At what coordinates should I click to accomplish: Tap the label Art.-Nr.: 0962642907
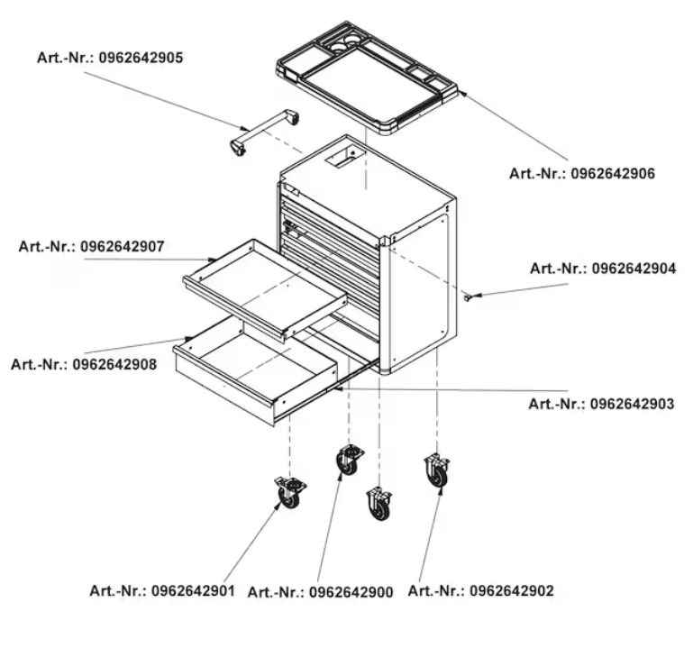click(x=92, y=246)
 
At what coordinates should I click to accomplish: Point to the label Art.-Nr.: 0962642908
click(x=84, y=364)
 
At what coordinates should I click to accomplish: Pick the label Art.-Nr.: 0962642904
click(x=603, y=269)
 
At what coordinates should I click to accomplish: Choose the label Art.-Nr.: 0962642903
click(x=601, y=404)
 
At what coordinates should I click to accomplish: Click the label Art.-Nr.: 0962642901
click(x=162, y=590)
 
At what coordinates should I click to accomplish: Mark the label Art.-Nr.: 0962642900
click(x=321, y=592)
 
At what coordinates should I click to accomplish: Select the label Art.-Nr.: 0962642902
click(x=480, y=590)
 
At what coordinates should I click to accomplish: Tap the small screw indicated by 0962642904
click(x=466, y=298)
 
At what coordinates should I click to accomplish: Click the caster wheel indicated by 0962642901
click(x=290, y=492)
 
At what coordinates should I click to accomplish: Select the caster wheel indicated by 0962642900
click(x=350, y=461)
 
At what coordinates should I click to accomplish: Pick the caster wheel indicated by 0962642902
click(x=437, y=470)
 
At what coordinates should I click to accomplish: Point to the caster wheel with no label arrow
click(x=379, y=504)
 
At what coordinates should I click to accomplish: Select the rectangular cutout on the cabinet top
click(x=345, y=158)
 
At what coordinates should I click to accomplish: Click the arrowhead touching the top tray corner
click(x=461, y=93)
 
